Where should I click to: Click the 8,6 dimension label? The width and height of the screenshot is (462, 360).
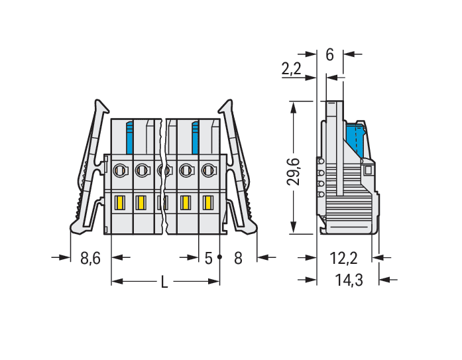click(x=90, y=258)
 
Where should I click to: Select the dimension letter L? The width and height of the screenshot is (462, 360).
click(x=164, y=282)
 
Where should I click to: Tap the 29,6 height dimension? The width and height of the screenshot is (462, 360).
click(x=294, y=172)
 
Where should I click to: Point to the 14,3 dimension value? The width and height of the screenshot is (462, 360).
click(x=349, y=280)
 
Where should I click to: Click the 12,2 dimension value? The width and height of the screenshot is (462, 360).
click(x=343, y=259)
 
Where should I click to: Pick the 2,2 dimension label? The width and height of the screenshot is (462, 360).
click(x=292, y=69)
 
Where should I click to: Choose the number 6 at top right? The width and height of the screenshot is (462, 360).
click(x=329, y=55)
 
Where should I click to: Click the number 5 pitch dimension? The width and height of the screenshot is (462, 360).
click(x=208, y=259)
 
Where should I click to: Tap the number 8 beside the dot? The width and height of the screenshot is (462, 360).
click(x=238, y=259)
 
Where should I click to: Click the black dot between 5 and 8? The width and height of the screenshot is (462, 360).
click(x=219, y=257)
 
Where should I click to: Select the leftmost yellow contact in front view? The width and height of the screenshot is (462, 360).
click(x=120, y=202)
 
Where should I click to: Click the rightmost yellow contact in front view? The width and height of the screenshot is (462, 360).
click(x=208, y=203)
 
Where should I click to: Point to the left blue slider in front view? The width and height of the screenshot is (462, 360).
click(x=130, y=138)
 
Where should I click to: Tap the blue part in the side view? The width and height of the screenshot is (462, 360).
click(x=355, y=139)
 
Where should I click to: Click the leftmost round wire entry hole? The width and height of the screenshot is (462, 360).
click(x=121, y=170)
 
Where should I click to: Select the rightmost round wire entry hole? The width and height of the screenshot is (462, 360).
click(x=209, y=170)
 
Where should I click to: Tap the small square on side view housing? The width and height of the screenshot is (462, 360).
click(x=368, y=170)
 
